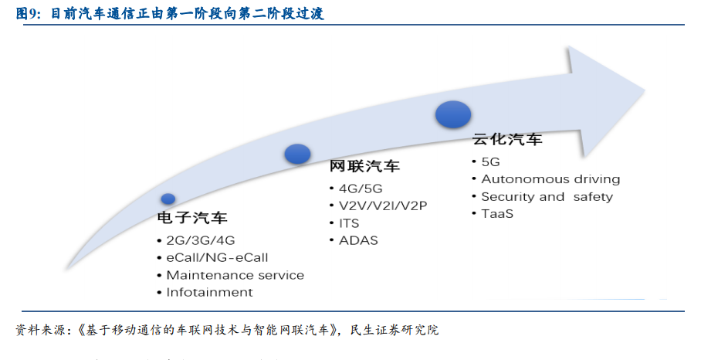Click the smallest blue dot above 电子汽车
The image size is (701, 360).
[168, 199]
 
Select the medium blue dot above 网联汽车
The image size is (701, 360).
[297, 154]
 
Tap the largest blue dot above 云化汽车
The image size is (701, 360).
[453, 114]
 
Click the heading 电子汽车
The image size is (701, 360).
[192, 218]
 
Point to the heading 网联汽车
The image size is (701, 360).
[364, 166]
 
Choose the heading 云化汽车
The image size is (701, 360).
[507, 139]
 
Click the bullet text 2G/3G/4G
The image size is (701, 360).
[200, 240]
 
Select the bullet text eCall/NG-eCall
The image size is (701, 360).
[217, 258]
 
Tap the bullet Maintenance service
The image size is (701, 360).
[235, 275]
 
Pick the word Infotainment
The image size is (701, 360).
[209, 293]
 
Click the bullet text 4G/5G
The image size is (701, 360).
[361, 188]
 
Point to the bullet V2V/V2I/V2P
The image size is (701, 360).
[383, 205]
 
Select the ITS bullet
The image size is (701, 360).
[349, 223]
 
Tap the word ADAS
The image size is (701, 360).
[358, 240]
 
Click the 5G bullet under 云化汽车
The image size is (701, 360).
[490, 162]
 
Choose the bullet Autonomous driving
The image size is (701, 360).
[550, 179]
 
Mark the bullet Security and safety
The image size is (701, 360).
[547, 197]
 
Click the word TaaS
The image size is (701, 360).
[497, 214]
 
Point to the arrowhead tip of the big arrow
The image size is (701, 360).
[645, 90]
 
